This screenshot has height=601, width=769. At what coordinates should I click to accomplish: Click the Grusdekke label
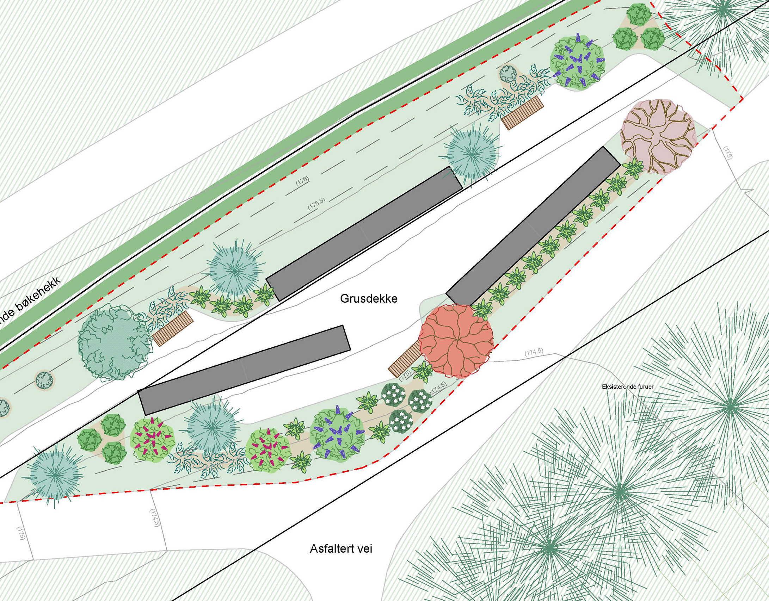click(369, 299)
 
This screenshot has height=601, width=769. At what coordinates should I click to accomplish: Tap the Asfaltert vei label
click(341, 549)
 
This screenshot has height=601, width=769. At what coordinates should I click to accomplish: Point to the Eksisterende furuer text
click(628, 386)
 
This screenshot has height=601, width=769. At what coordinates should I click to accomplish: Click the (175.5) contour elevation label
click(316, 204)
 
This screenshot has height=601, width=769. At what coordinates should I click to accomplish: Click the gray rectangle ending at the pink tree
click(533, 227)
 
